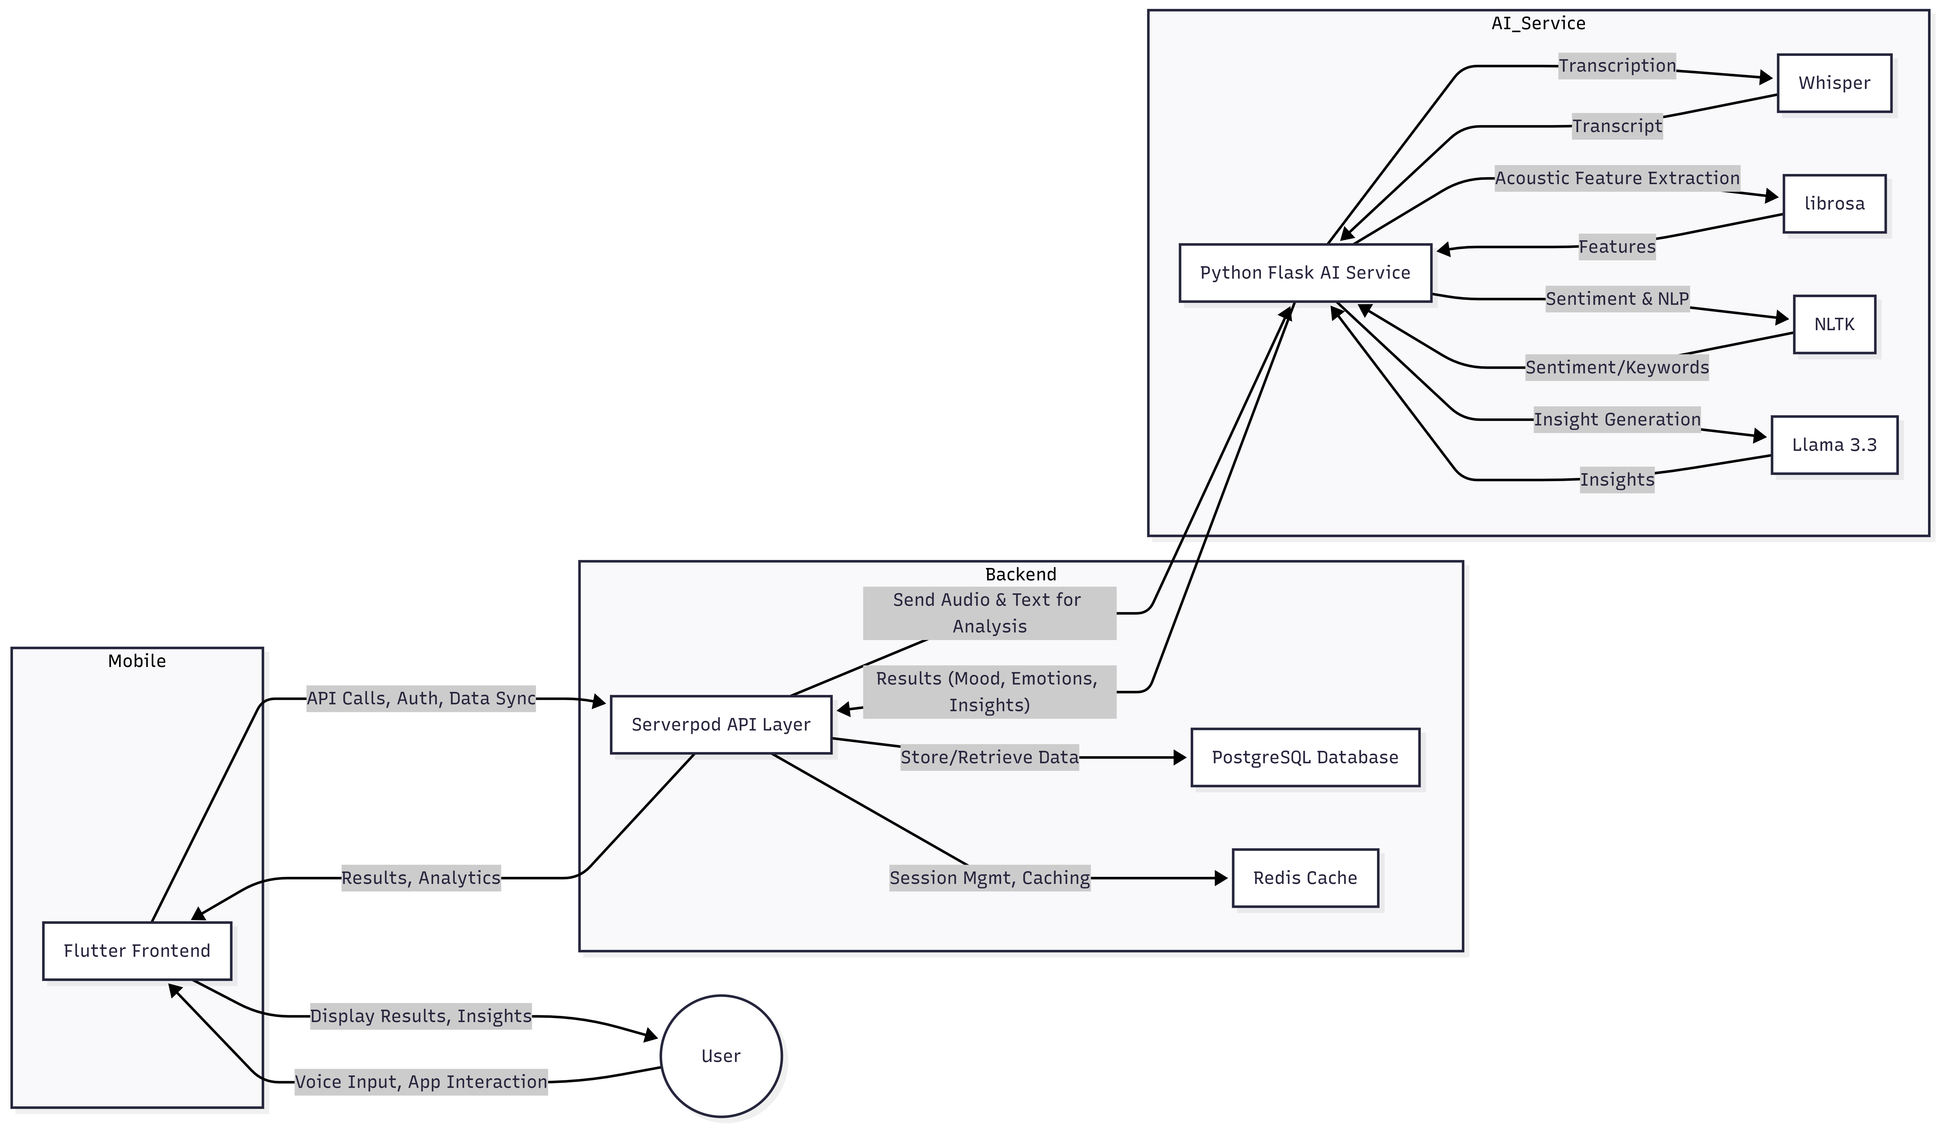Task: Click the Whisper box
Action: (x=1834, y=83)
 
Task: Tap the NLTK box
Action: (x=1834, y=324)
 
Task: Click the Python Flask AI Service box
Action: (x=1305, y=273)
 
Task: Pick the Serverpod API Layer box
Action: (x=721, y=725)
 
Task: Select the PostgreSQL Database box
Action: (x=1305, y=757)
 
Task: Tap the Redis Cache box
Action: (x=1305, y=878)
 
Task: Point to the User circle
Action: (x=721, y=1056)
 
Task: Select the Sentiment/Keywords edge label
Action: (x=1617, y=368)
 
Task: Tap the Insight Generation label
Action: (x=1617, y=420)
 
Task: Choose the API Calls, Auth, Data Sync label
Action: (x=420, y=699)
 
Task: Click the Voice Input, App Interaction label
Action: (x=420, y=1082)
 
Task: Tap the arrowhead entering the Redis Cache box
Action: (x=1221, y=878)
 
